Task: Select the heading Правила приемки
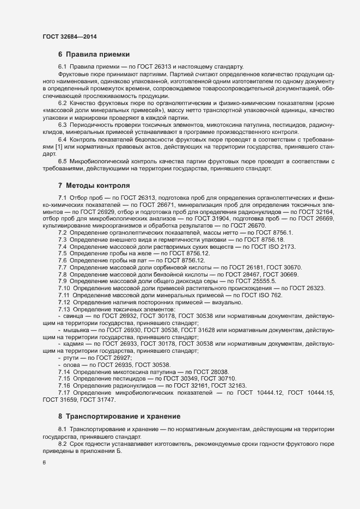pos(97,54)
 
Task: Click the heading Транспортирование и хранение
pos(123,416)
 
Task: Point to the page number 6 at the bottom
pos(44,462)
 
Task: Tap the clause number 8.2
pos(63,444)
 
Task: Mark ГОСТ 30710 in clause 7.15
pos(218,394)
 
